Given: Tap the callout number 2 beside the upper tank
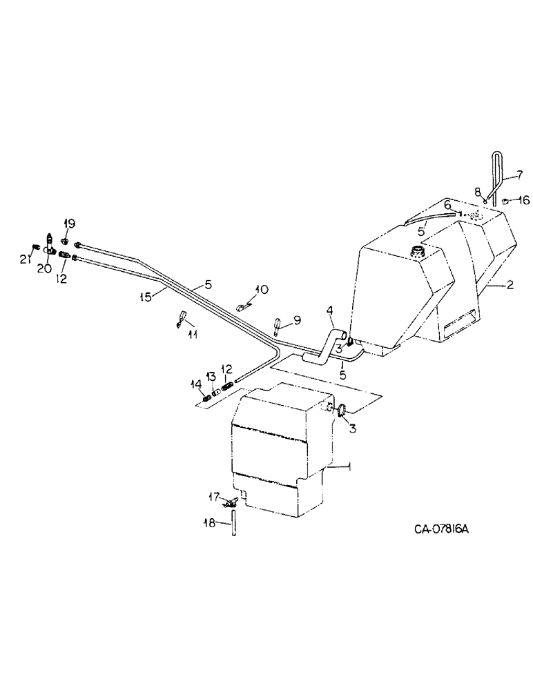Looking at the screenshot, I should tap(509, 285).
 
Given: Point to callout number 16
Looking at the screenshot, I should tap(523, 201).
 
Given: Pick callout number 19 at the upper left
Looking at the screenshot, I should tap(69, 224).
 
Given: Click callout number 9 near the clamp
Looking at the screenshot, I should tap(298, 319).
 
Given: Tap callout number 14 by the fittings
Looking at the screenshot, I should tap(196, 383).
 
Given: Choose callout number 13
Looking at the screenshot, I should tap(212, 375).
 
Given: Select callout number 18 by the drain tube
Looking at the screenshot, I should tap(213, 522).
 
